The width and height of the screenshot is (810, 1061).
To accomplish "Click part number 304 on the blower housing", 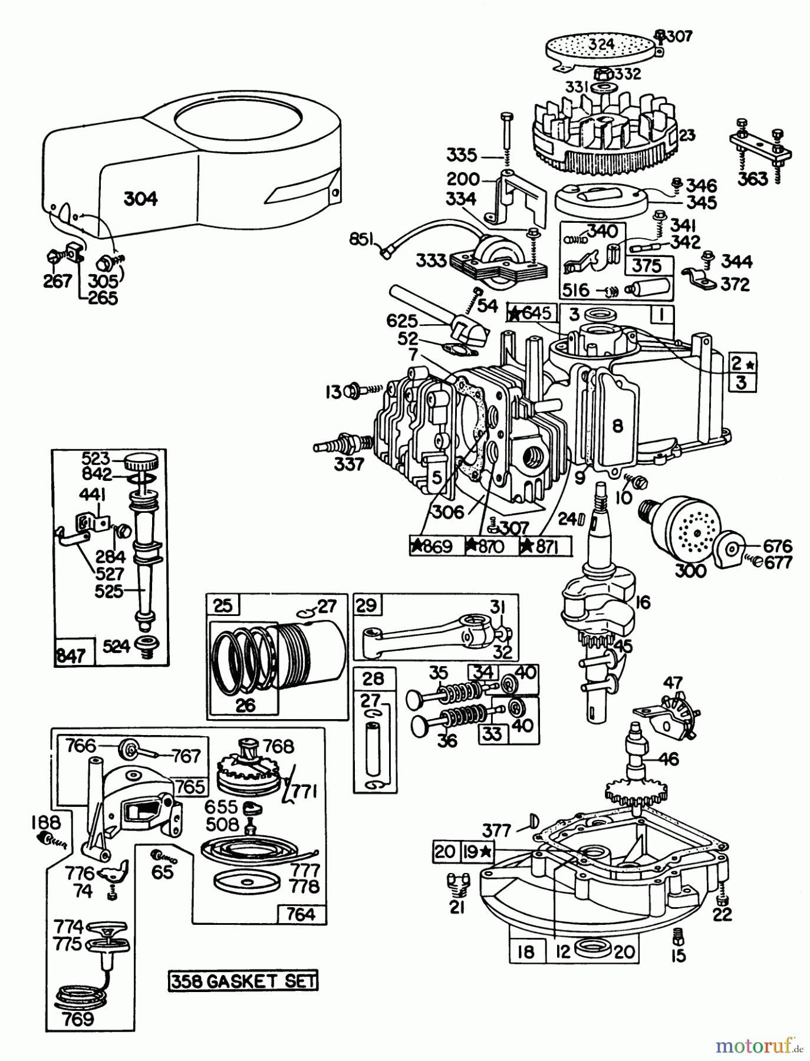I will (x=141, y=199).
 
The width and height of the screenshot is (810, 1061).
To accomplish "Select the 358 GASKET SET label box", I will (x=242, y=981).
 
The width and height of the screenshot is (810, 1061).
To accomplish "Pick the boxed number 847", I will (x=70, y=655).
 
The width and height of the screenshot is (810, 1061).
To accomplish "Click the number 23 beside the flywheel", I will (x=687, y=135).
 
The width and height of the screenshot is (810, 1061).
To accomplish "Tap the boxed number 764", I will (x=301, y=914).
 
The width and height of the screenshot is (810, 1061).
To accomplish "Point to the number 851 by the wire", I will (x=364, y=239).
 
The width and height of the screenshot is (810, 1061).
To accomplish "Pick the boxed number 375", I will (x=647, y=265).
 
